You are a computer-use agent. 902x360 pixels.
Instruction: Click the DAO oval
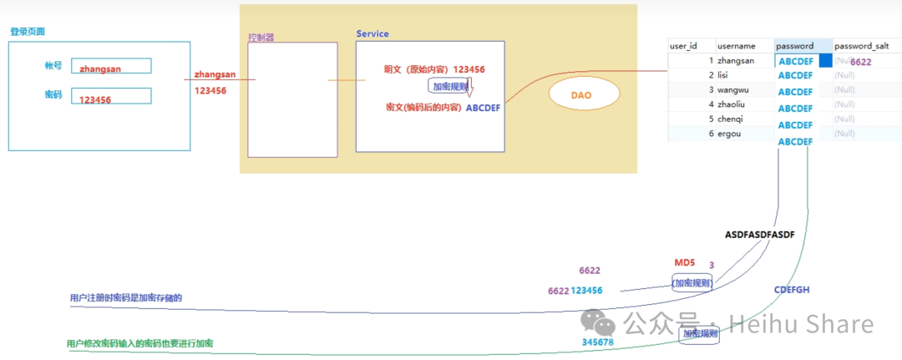581,95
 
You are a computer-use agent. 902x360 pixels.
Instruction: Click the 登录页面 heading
28,32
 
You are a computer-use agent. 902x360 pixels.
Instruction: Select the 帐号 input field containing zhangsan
111,66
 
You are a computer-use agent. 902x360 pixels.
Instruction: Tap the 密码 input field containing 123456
111,97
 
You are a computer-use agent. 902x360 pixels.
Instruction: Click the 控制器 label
261,38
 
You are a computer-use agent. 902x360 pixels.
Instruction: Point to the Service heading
372,33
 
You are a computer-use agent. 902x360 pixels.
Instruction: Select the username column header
736,46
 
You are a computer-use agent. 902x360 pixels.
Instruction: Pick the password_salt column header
862,46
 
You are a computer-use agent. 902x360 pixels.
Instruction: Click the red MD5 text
685,263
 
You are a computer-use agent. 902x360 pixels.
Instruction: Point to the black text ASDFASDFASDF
759,236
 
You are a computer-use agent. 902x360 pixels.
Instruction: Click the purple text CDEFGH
792,290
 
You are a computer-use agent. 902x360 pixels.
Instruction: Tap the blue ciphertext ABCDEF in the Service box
483,108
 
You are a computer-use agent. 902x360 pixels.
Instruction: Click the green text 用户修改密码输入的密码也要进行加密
144,343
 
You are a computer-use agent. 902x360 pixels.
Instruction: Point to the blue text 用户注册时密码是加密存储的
125,297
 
